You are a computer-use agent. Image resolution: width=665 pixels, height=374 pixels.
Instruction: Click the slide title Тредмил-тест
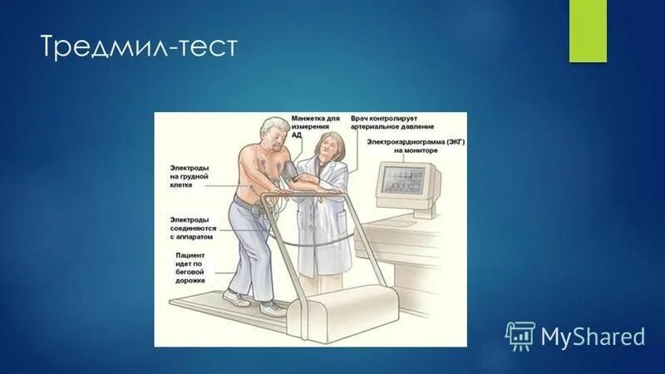point(139,47)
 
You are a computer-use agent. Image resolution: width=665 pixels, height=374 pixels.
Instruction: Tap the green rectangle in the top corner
point(587,30)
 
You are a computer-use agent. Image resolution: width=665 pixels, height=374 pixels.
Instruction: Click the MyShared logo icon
point(520,335)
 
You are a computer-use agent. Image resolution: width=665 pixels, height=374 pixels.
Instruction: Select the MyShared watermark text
point(593,337)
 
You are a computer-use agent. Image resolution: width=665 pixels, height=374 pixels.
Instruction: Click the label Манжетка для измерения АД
point(315,126)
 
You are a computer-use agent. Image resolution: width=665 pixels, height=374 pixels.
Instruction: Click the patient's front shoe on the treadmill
point(272,308)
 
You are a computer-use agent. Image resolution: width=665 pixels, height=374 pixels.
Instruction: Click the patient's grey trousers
point(249,249)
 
